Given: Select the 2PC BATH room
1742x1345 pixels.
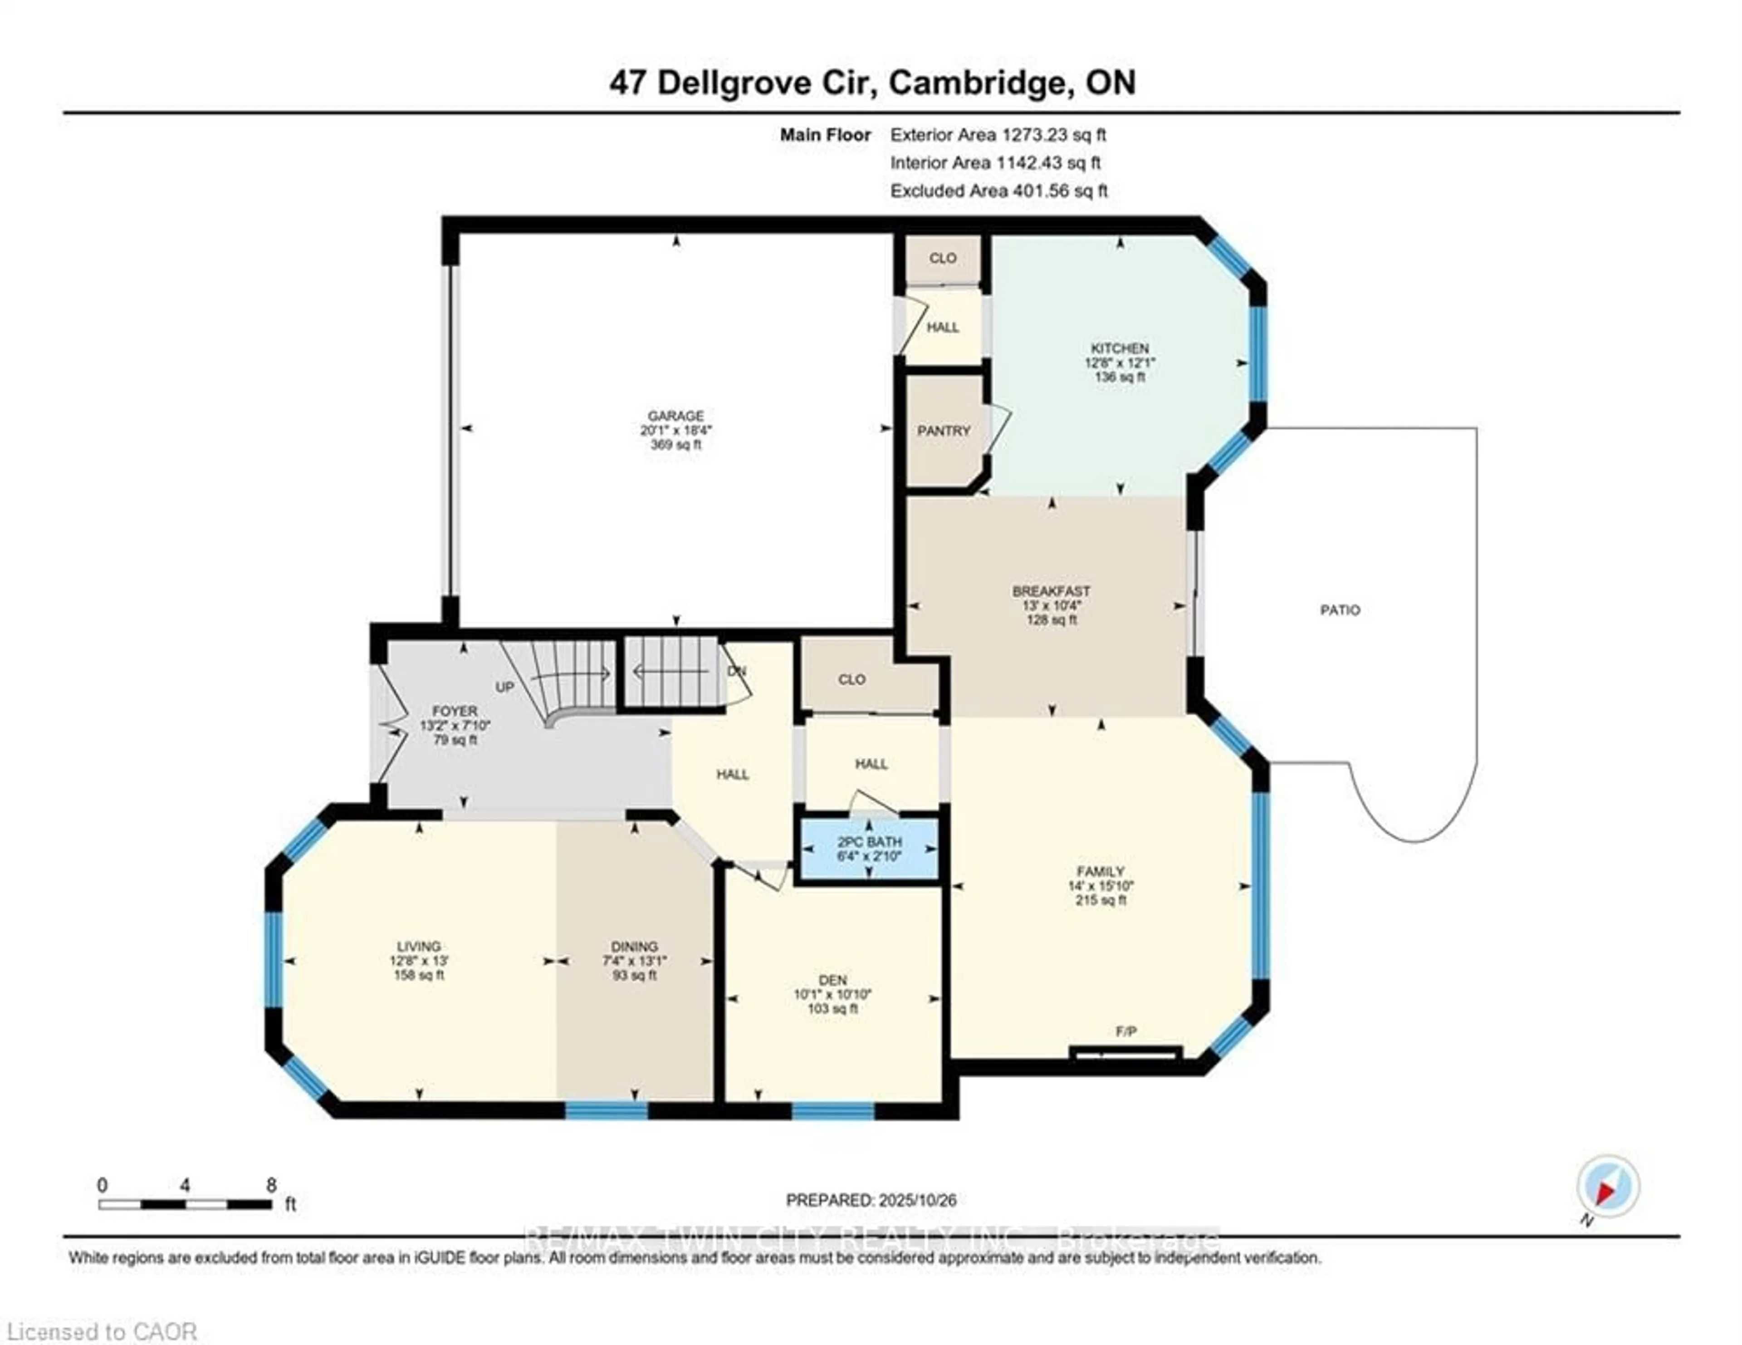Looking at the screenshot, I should [869, 849].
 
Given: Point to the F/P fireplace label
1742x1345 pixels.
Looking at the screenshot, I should [1125, 1031].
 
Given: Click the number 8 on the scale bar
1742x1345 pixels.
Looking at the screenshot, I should [271, 1185].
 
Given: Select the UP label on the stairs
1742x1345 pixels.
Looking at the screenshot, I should [505, 687].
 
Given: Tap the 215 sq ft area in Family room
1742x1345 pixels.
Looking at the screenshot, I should [1100, 900].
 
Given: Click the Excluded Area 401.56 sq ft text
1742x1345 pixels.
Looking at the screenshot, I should [998, 191].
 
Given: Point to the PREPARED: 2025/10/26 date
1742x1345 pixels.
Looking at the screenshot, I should [871, 1200].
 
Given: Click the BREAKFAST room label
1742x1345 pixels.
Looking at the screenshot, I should [1051, 591].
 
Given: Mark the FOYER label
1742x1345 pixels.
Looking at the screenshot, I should [455, 711].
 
